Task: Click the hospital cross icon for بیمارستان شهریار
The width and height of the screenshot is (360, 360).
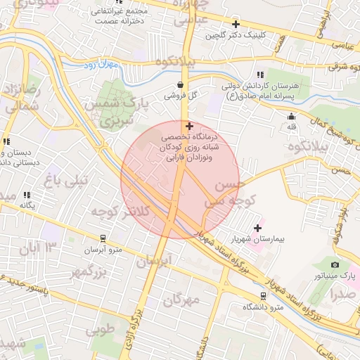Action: coord(258,227)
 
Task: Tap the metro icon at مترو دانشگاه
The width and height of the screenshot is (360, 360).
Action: coord(262,297)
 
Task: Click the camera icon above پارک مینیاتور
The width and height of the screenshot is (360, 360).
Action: coord(335,264)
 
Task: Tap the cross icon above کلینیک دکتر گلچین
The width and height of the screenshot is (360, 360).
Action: coord(235,24)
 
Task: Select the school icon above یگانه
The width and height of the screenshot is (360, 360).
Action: coord(27,195)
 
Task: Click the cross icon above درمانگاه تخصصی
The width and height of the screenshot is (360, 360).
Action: coord(188,126)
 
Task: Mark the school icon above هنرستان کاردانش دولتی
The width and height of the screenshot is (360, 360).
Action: coord(260,75)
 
